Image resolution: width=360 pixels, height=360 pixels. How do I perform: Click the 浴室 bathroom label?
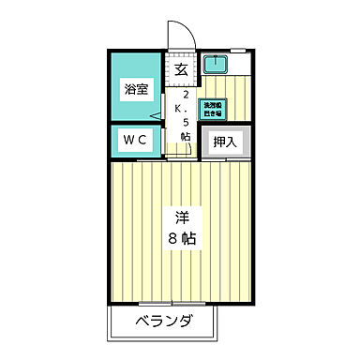click(136, 90)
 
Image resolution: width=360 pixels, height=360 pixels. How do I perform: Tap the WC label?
click(136, 141)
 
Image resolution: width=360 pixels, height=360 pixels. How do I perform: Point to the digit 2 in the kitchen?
click(186, 96)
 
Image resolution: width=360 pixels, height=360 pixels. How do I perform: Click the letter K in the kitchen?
click(186, 109)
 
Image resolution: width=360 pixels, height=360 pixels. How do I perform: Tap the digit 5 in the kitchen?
click(186, 123)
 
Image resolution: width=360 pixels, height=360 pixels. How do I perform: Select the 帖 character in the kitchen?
click(186, 137)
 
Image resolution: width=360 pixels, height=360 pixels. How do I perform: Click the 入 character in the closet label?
click(232, 142)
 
